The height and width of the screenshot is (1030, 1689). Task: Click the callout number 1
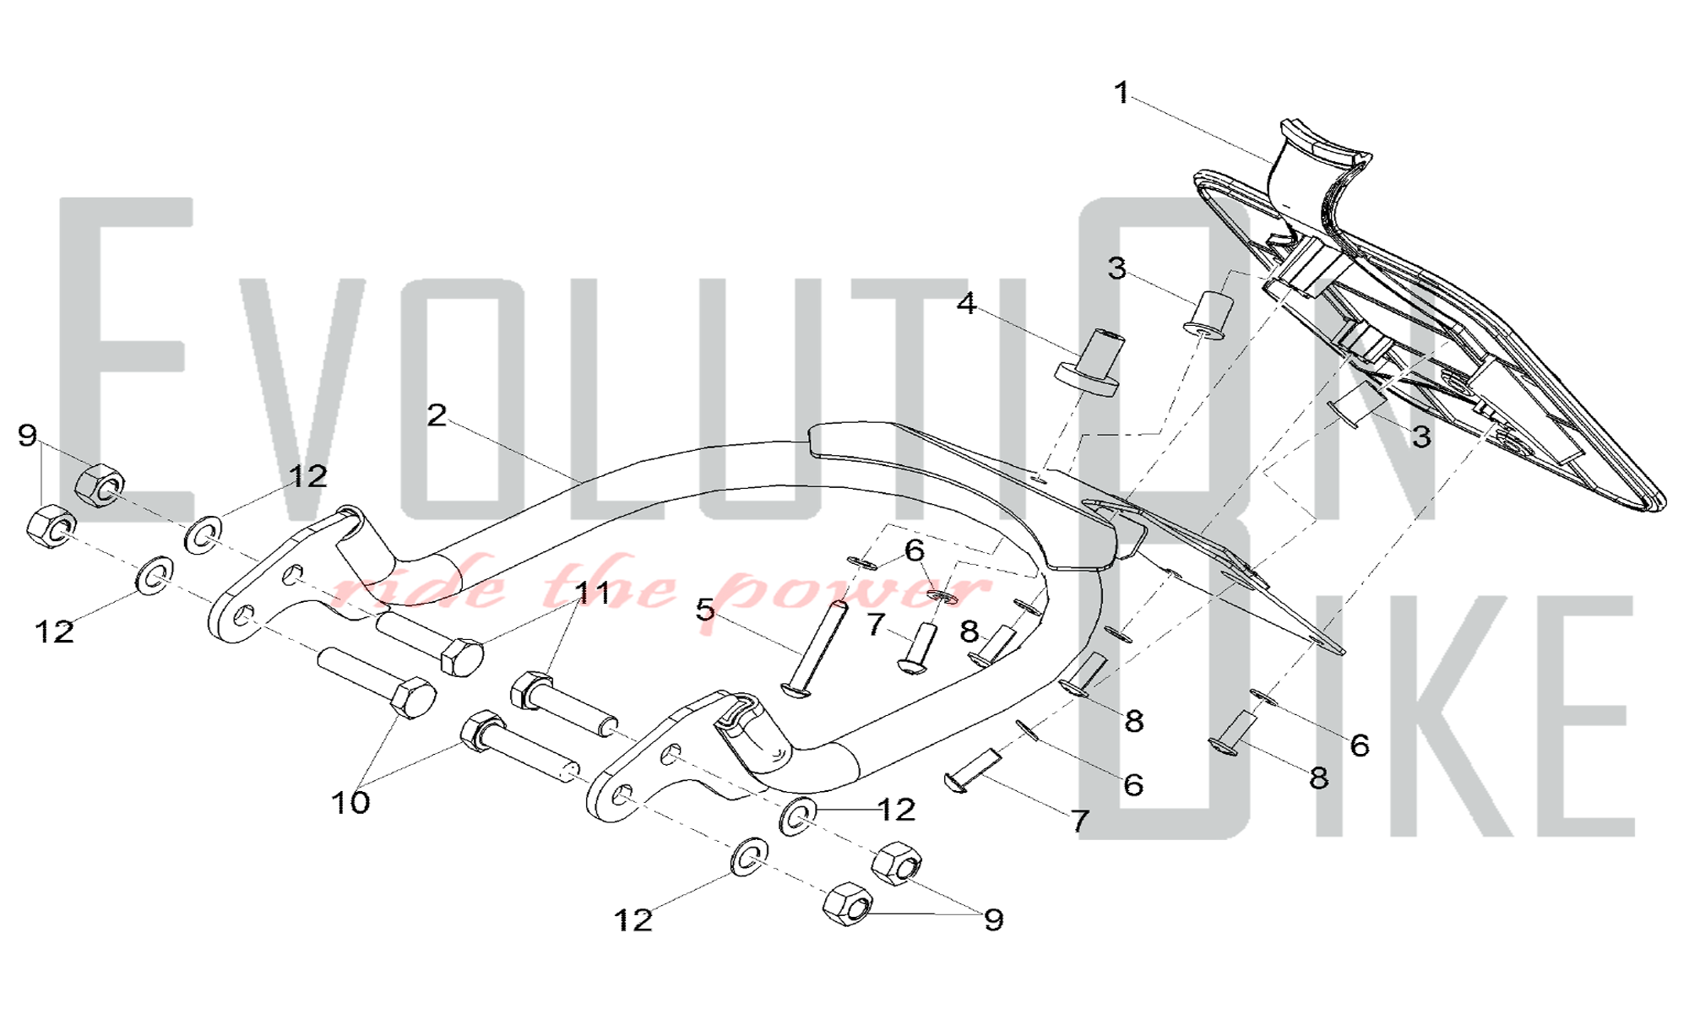pos(1121,93)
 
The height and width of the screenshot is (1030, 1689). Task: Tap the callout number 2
pos(436,415)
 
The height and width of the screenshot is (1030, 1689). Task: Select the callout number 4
pos(966,303)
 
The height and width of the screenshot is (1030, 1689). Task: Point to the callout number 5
pos(705,610)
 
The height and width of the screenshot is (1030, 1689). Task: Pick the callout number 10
pos(350,802)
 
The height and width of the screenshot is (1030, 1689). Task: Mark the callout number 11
pos(592,593)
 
